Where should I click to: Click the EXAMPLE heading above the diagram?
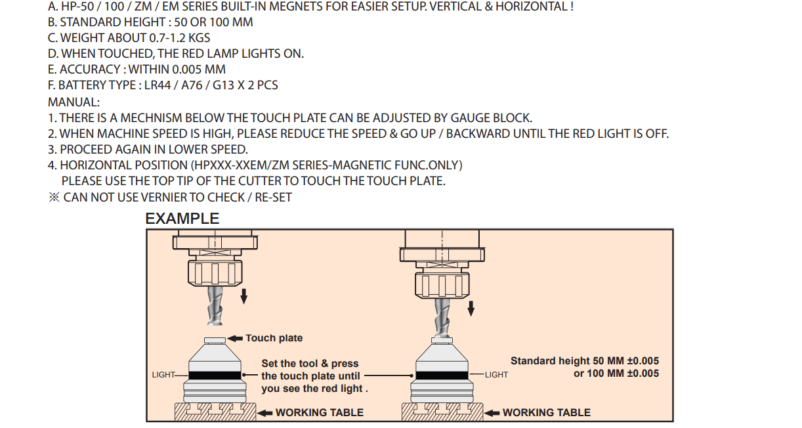click(x=182, y=219)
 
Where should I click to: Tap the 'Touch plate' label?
click(x=274, y=338)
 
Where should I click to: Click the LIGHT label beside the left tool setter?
click(x=163, y=375)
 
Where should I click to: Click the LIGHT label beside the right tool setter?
click(x=496, y=375)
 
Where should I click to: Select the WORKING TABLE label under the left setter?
click(x=319, y=413)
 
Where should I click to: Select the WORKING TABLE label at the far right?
click(x=546, y=413)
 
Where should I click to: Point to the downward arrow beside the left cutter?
click(x=244, y=296)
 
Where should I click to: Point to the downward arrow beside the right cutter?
click(x=471, y=307)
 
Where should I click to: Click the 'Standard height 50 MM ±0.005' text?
click(x=585, y=361)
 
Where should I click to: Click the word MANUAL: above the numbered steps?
click(x=74, y=102)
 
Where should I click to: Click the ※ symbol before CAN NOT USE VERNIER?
click(x=54, y=198)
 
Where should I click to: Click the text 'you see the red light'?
click(x=314, y=389)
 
